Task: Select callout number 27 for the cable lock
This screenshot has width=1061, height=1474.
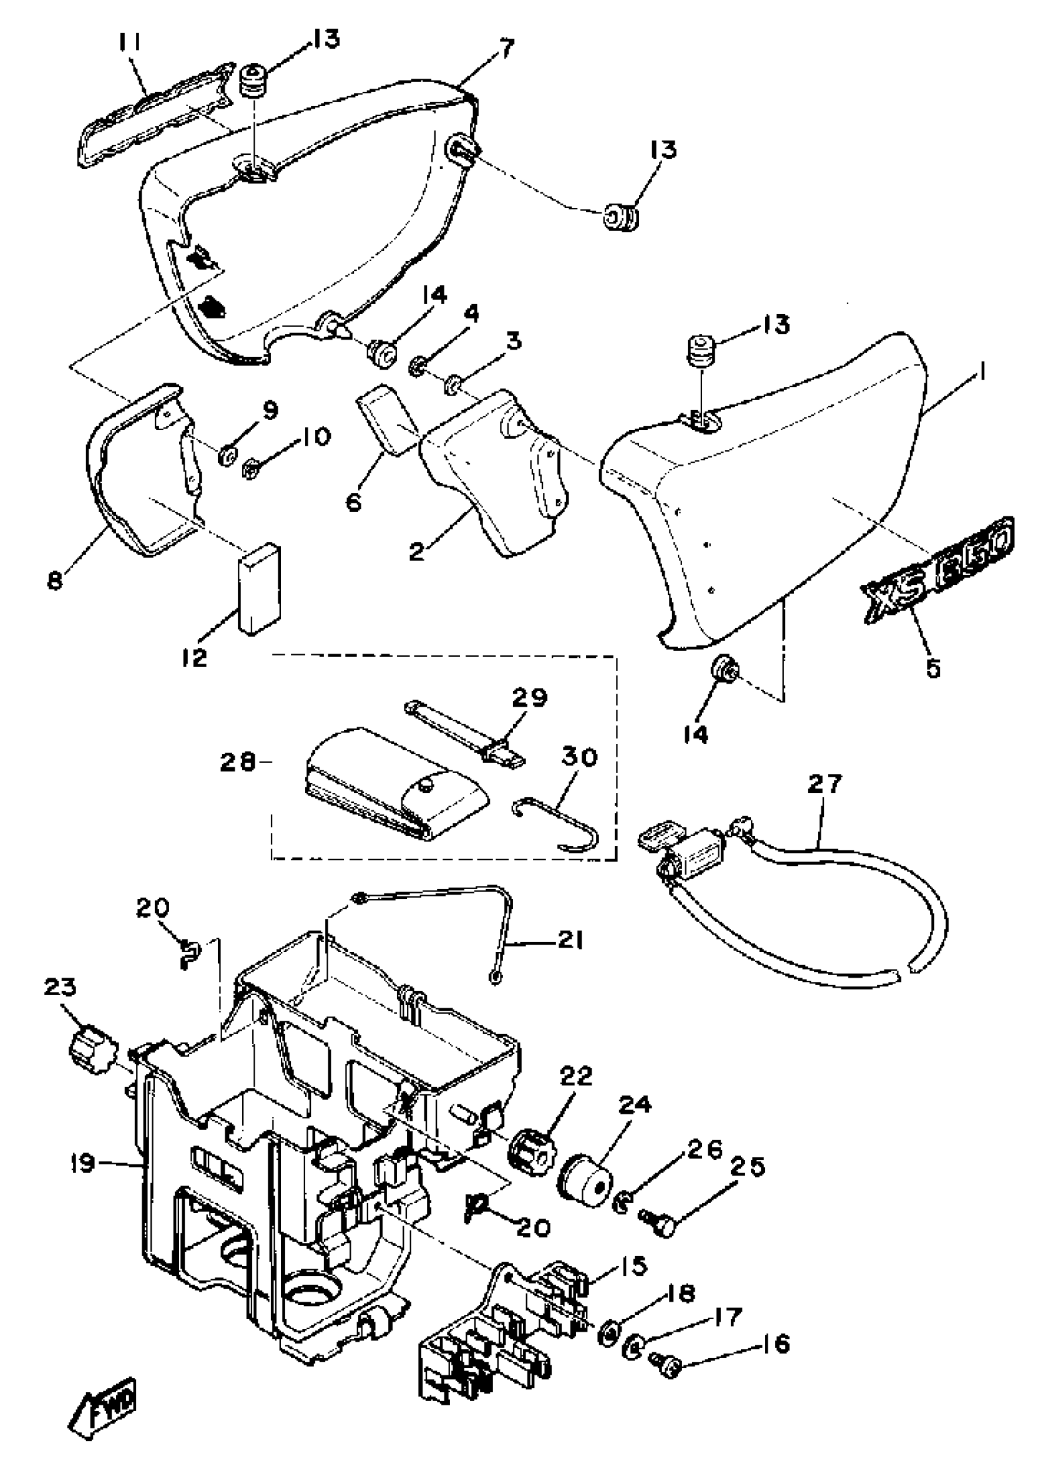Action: (824, 782)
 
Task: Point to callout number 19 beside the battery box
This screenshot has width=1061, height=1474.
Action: (84, 1162)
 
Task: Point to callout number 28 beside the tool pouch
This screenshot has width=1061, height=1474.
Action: (238, 761)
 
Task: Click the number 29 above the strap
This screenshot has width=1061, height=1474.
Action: (529, 697)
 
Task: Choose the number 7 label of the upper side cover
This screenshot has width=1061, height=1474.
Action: (505, 48)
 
